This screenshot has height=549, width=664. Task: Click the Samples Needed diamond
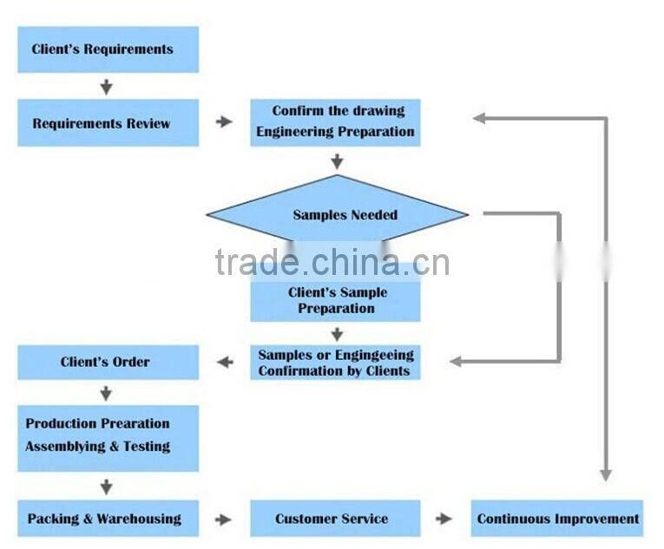[x=337, y=214]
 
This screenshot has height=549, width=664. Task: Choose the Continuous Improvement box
[x=557, y=519]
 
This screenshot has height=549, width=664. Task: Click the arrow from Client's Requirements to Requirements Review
[x=107, y=87]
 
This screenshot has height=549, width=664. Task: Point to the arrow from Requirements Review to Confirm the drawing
[x=224, y=122]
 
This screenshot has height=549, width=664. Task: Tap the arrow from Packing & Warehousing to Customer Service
[x=224, y=519]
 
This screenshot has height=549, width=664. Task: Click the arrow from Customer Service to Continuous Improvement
[x=444, y=519]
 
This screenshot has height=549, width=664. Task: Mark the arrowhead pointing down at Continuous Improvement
[x=605, y=474]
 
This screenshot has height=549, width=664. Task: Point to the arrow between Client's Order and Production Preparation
[x=107, y=392]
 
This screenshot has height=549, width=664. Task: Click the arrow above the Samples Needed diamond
[x=337, y=161]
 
